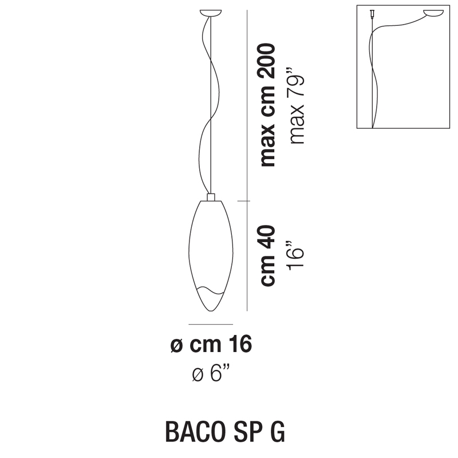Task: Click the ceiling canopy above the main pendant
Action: [211, 13]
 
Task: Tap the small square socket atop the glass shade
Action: [211, 197]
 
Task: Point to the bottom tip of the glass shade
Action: [211, 311]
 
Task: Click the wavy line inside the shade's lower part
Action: [211, 291]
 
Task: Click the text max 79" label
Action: [296, 106]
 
